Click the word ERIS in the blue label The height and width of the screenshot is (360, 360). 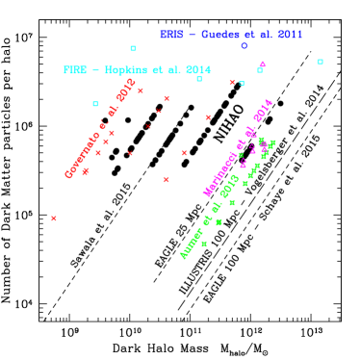pyautogui.click(x=170, y=35)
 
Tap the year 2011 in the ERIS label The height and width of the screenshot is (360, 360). pyautogui.click(x=289, y=35)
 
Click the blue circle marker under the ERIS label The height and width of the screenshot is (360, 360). pyautogui.click(x=244, y=45)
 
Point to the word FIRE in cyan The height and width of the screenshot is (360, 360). pyautogui.click(x=74, y=70)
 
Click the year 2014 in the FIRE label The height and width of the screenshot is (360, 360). pyautogui.click(x=196, y=70)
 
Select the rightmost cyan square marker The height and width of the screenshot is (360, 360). pyautogui.click(x=321, y=62)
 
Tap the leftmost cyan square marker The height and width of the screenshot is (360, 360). pyautogui.click(x=95, y=104)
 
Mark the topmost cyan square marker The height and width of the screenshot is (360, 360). pyautogui.click(x=133, y=48)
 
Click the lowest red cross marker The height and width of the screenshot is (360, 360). pyautogui.click(x=54, y=219)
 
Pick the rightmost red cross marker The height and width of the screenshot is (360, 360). pyautogui.click(x=232, y=83)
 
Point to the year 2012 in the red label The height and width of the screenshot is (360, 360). pyautogui.click(x=126, y=90)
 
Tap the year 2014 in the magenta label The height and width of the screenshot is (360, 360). pyautogui.click(x=263, y=112)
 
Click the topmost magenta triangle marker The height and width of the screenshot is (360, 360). pyautogui.click(x=262, y=64)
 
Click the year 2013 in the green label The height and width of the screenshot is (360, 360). pyautogui.click(x=229, y=186)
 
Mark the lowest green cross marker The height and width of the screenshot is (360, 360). pyautogui.click(x=204, y=244)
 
